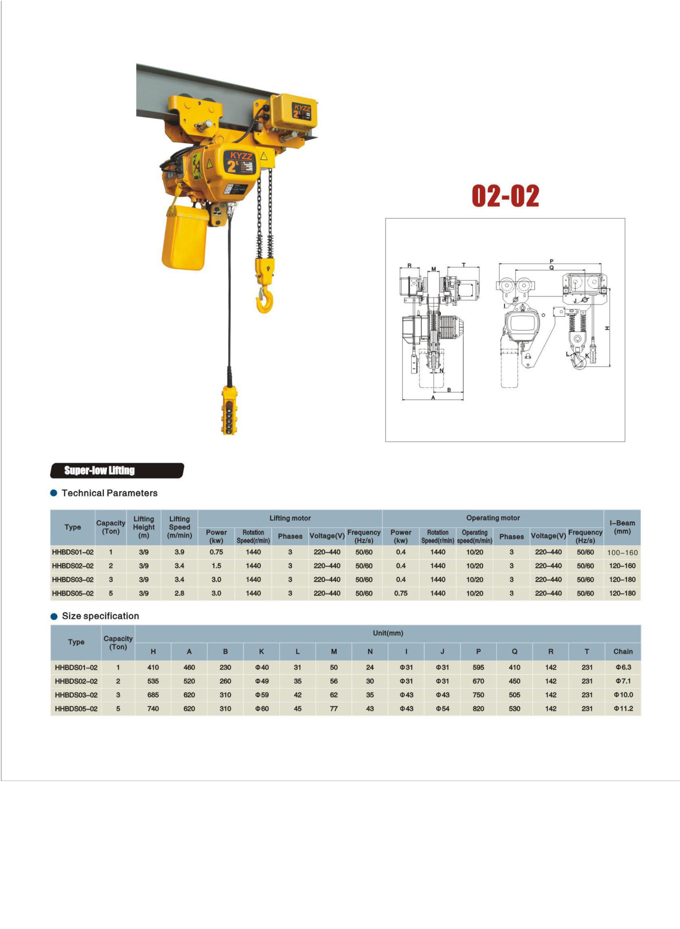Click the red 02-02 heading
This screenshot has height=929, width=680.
[x=505, y=196]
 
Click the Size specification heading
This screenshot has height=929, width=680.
[x=100, y=616]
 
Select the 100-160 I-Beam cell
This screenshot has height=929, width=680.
[x=622, y=553]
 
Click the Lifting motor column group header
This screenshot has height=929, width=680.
[x=290, y=518]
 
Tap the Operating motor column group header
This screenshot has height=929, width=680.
[x=493, y=518]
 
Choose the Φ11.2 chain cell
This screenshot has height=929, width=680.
[x=623, y=709]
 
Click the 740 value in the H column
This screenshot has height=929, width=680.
[x=153, y=709]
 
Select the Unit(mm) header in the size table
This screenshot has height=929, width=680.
[x=388, y=633]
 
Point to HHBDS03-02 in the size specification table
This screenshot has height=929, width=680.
[x=76, y=695]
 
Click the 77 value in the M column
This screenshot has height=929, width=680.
[x=333, y=709]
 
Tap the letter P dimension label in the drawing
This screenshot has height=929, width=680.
[x=551, y=261]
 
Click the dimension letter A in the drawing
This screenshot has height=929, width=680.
[x=433, y=398]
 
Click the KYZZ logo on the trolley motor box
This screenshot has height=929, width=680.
[x=302, y=108]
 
